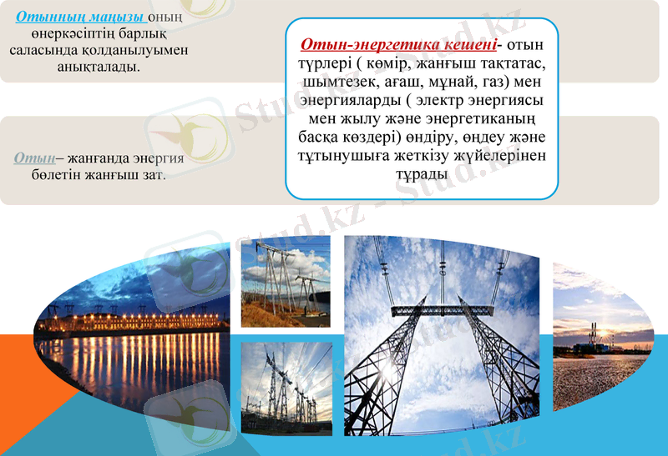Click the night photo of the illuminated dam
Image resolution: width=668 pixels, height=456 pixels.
tap(129, 350)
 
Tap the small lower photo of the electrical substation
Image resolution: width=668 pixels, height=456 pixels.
tap(286, 388)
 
